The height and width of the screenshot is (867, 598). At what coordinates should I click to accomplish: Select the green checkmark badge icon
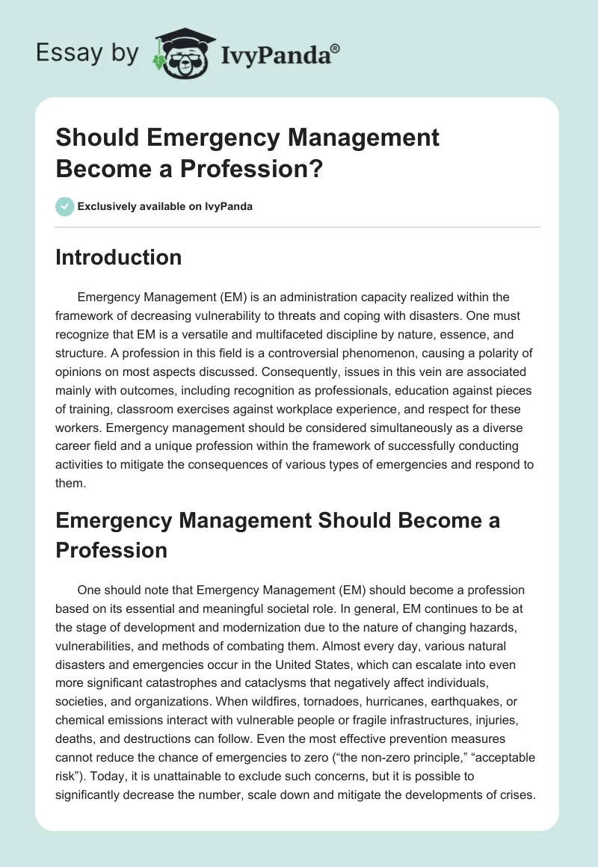point(65,206)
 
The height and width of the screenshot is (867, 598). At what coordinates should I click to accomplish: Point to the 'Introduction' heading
point(118,257)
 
